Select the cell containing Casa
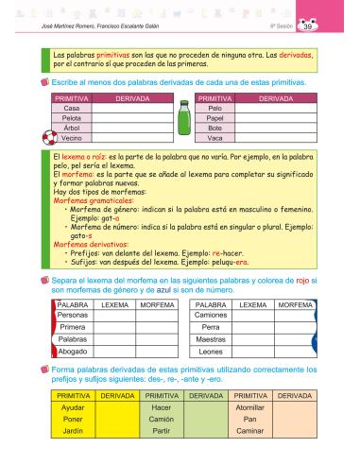(71, 108)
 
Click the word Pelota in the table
(71, 117)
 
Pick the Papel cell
(215, 117)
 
